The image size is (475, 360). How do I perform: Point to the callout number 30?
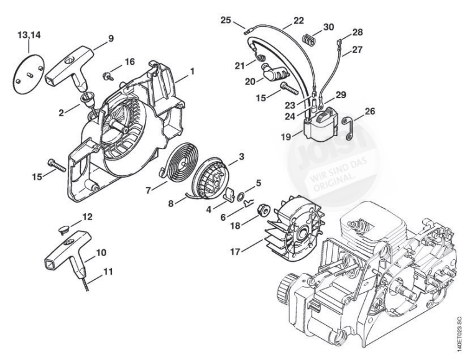(x=328, y=27)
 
